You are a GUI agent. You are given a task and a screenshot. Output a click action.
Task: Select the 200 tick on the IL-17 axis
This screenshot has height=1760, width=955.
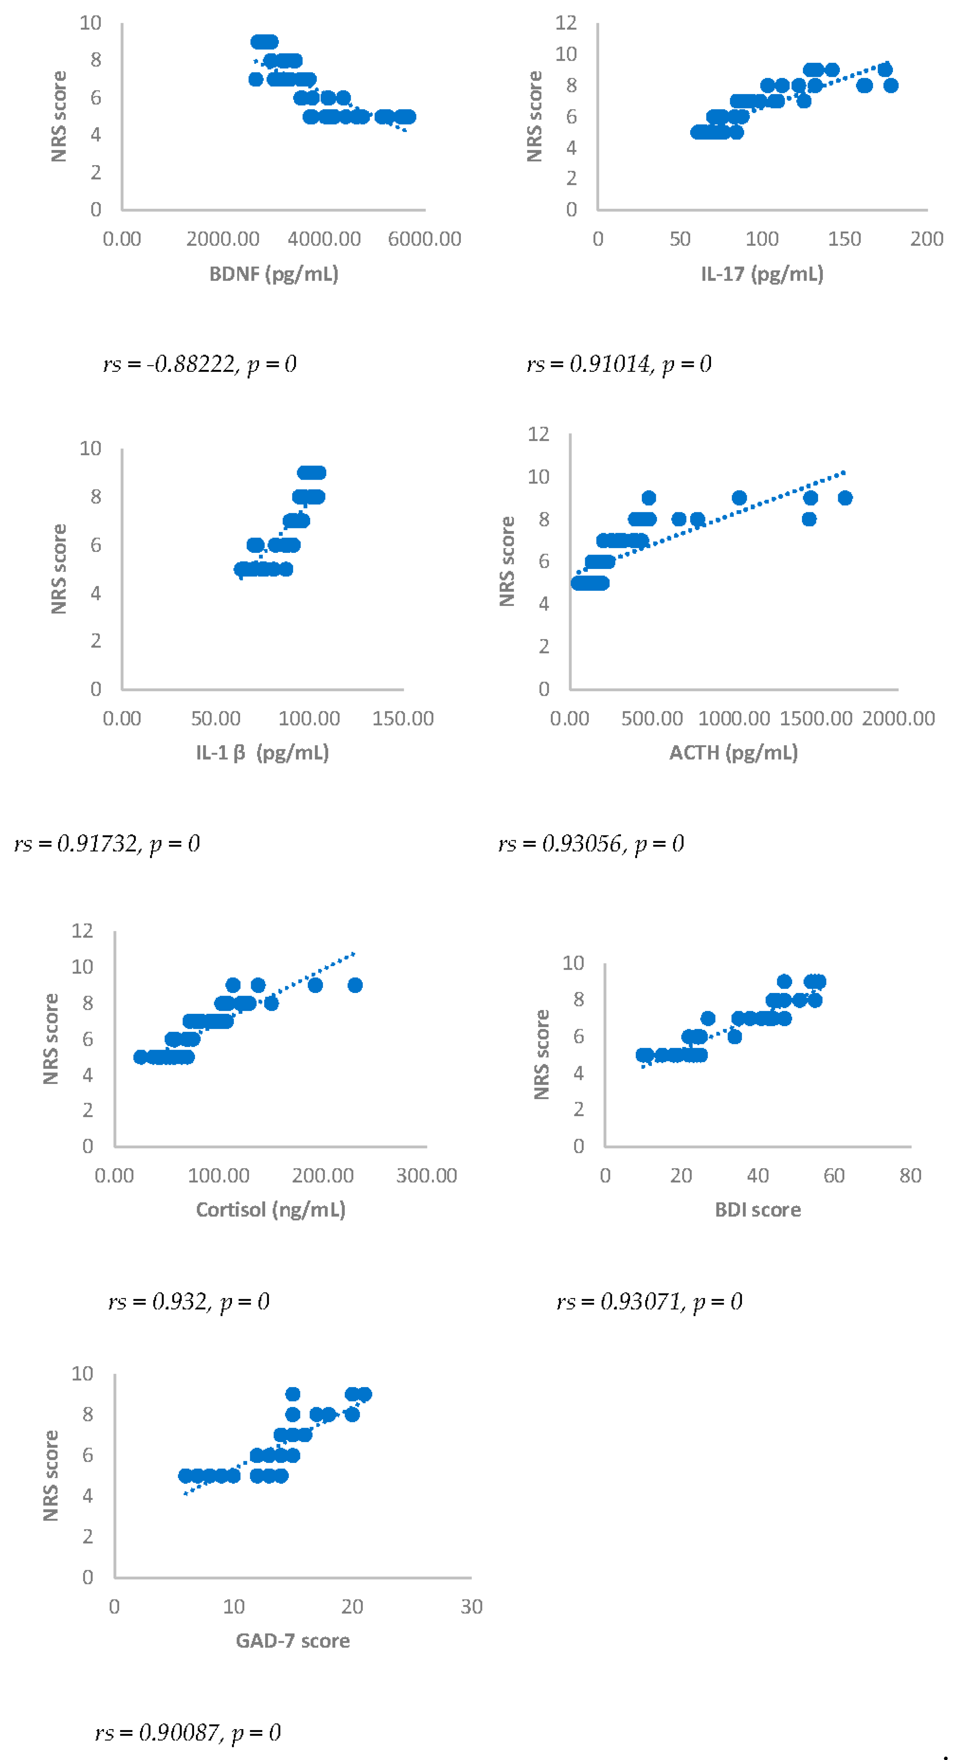(x=926, y=239)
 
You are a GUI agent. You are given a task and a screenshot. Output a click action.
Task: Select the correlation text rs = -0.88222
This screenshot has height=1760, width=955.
(x=199, y=364)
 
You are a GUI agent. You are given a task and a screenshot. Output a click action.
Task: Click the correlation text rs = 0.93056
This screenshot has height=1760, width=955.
(x=591, y=844)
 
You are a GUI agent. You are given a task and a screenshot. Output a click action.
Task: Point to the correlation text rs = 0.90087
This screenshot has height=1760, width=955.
(x=188, y=1732)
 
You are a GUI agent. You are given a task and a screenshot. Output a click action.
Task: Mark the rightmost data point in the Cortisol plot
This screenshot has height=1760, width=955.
(x=354, y=985)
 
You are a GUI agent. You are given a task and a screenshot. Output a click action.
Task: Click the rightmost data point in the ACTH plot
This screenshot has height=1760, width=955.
(x=845, y=498)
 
